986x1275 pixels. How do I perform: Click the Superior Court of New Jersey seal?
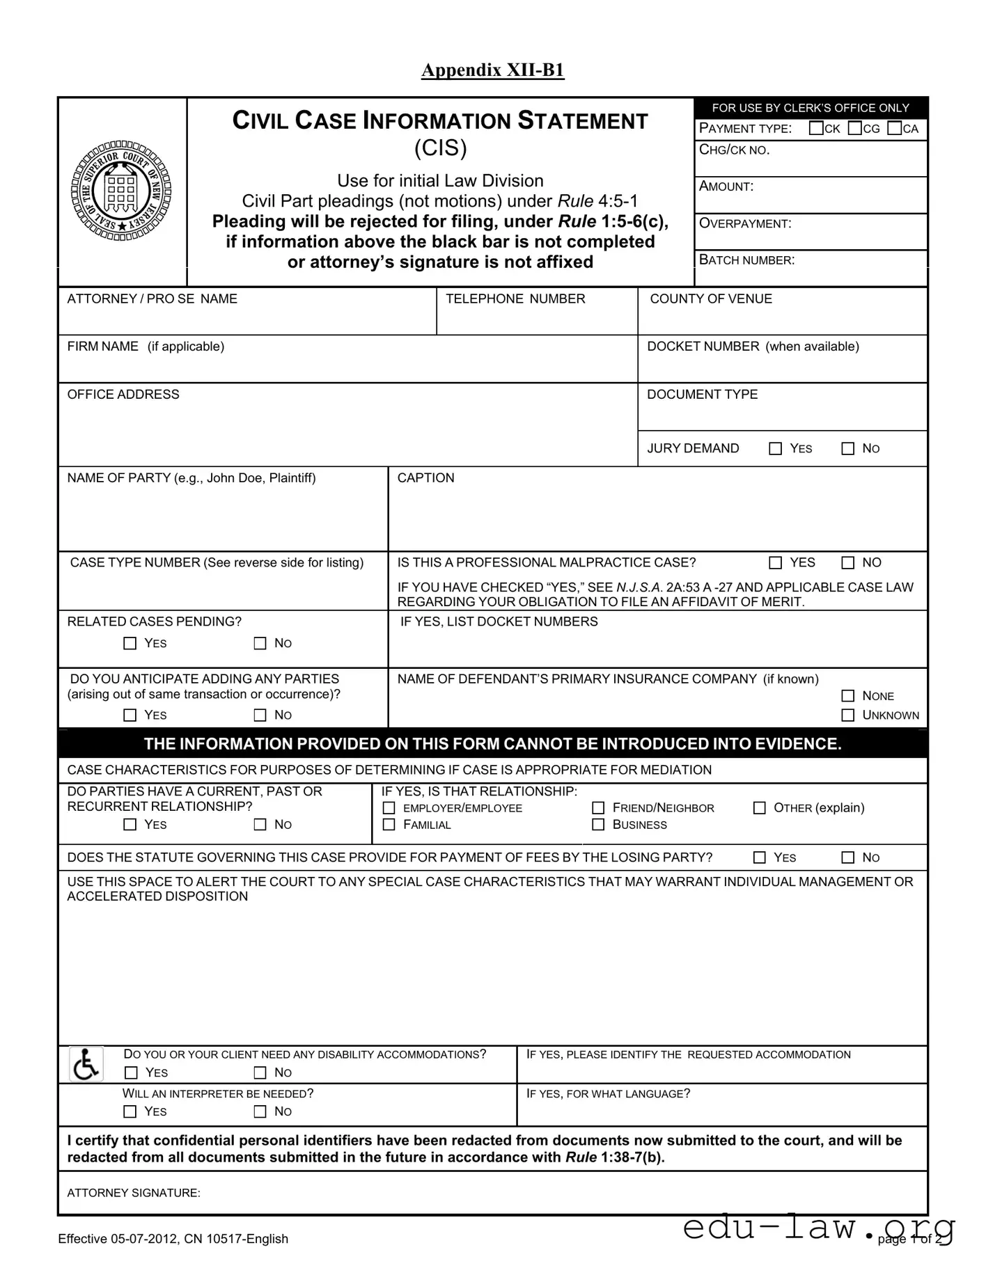(x=121, y=191)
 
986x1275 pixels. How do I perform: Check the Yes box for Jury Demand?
(x=775, y=449)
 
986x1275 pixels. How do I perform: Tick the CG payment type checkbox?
(x=854, y=128)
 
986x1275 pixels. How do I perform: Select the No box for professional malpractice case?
(x=847, y=563)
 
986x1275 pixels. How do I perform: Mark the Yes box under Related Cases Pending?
(x=130, y=644)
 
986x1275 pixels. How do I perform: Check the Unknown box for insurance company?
(x=847, y=715)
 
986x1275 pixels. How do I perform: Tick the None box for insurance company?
(x=847, y=696)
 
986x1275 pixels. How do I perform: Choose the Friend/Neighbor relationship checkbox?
(x=598, y=808)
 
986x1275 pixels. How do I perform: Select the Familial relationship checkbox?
(x=389, y=825)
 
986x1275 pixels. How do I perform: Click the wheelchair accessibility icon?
(x=86, y=1064)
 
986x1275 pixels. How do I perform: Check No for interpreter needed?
(x=260, y=1111)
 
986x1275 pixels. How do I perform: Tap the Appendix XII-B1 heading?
(x=492, y=70)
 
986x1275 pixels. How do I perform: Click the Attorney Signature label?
(x=134, y=1193)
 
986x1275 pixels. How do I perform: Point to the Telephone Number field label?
(x=515, y=299)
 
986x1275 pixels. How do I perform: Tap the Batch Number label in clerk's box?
(x=746, y=260)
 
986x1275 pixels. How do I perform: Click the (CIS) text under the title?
(x=440, y=148)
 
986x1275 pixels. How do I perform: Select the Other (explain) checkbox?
(x=760, y=808)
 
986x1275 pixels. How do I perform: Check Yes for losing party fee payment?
(x=760, y=858)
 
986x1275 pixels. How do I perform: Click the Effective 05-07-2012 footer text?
(x=173, y=1239)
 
